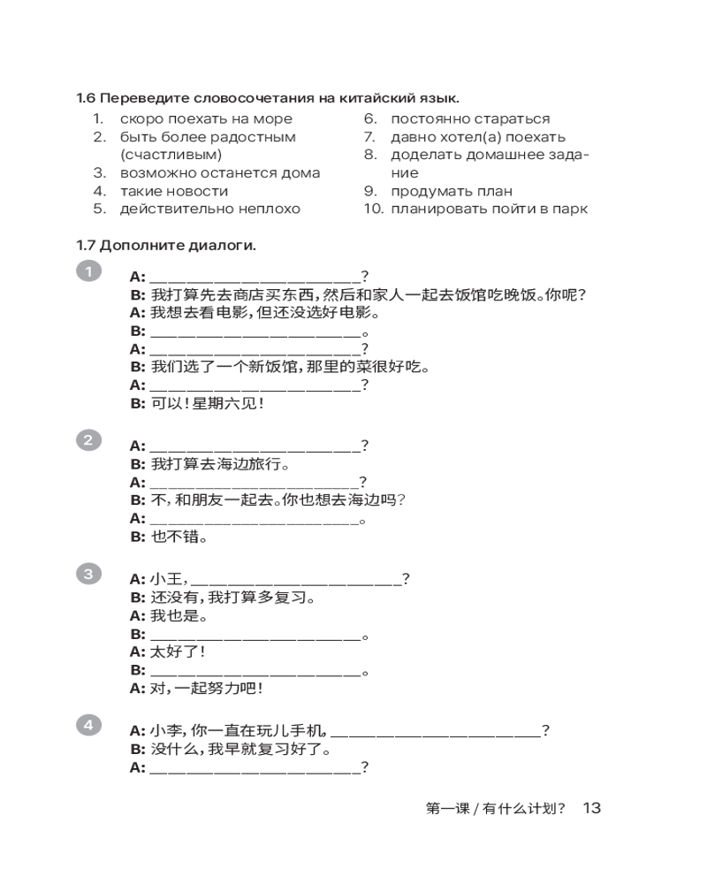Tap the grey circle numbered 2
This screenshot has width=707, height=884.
tap(89, 440)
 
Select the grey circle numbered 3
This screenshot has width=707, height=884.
tap(89, 575)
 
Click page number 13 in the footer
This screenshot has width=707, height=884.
tap(591, 808)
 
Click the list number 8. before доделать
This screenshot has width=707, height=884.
tap(370, 155)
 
